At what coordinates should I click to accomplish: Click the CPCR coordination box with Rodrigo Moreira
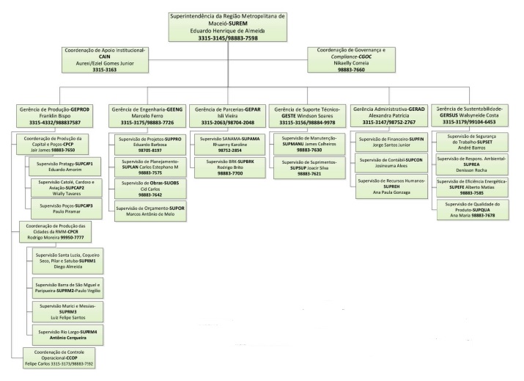[56, 232]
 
